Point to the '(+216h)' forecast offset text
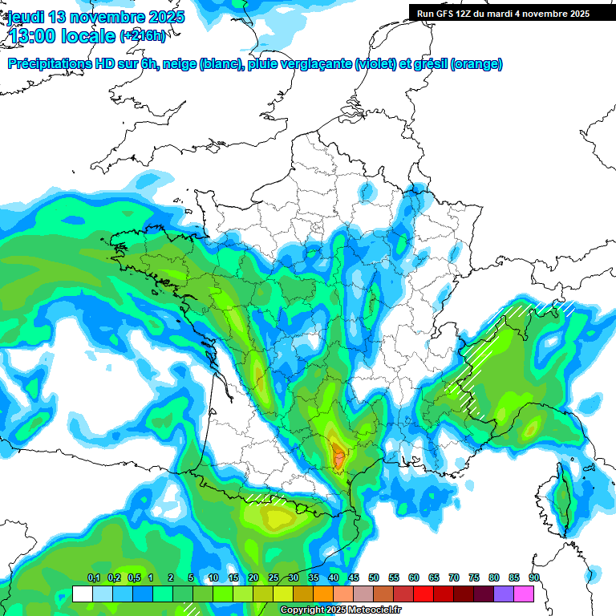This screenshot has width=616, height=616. (x=144, y=36)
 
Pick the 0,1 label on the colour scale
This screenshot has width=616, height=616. (x=94, y=578)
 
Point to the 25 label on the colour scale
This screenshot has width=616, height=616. (x=274, y=578)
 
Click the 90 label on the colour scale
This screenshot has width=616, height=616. (x=534, y=578)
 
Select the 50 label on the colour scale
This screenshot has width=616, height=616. (x=374, y=578)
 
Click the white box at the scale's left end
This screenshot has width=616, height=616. (x=82, y=594)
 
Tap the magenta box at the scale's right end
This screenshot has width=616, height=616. (x=524, y=594)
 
